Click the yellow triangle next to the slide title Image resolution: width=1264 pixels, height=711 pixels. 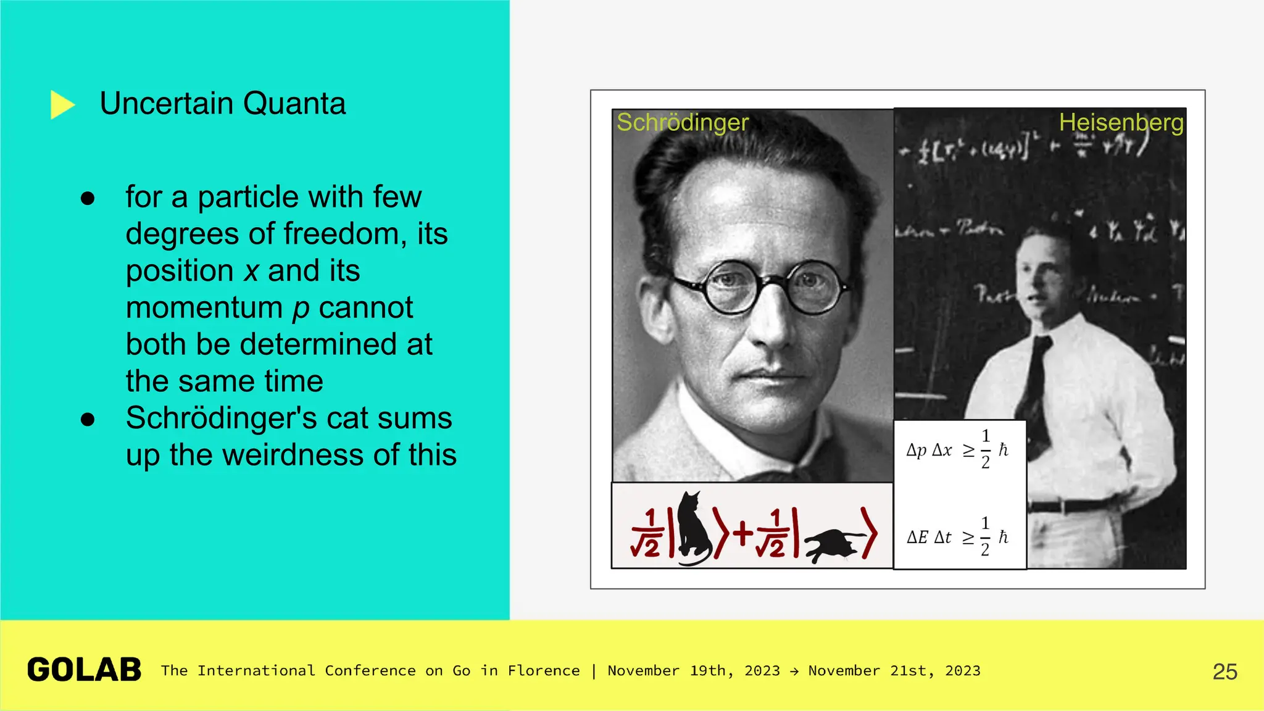[62, 104]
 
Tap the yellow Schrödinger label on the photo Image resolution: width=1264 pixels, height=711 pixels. [683, 122]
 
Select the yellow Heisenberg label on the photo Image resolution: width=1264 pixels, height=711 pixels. [1121, 122]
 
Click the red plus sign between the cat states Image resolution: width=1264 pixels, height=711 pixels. [744, 533]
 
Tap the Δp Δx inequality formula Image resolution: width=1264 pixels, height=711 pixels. [957, 449]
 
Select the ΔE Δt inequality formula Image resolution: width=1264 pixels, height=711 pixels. [957, 536]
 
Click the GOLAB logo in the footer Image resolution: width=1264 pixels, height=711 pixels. [85, 670]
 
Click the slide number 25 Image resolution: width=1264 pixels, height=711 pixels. [1224, 671]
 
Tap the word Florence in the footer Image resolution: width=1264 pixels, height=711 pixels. [544, 671]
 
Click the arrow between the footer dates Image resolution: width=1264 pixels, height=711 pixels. [794, 671]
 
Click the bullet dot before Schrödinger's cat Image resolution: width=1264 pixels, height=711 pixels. [88, 420]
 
